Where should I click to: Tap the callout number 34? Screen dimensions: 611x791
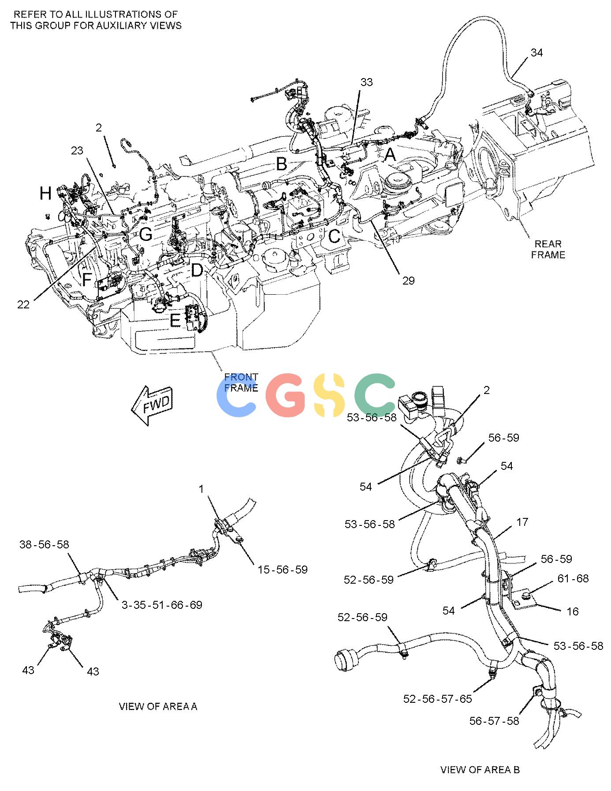tap(536, 53)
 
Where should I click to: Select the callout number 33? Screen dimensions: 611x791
tap(366, 82)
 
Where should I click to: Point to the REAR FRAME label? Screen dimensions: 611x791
tap(548, 249)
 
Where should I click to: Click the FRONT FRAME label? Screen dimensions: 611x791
tap(241, 382)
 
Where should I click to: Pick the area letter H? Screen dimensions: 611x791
tap(45, 193)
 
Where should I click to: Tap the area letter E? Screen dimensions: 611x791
tap(175, 321)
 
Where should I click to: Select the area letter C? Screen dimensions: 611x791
tap(335, 236)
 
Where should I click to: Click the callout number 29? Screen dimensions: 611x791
tap(408, 281)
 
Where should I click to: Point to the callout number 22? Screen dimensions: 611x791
tap(23, 304)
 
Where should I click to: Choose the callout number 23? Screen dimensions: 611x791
tap(77, 151)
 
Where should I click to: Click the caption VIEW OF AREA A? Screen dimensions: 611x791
tap(158, 706)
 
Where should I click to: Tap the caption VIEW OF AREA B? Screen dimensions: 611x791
tap(480, 769)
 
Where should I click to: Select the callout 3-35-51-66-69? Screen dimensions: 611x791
tap(162, 605)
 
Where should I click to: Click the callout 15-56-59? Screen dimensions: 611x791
tap(283, 570)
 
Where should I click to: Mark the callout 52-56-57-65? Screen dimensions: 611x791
tap(438, 699)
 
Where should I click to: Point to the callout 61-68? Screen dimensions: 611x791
tap(573, 578)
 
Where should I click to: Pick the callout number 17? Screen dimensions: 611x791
tap(522, 522)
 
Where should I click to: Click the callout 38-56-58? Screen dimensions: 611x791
tap(45, 544)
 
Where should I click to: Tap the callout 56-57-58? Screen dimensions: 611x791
tap(494, 721)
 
